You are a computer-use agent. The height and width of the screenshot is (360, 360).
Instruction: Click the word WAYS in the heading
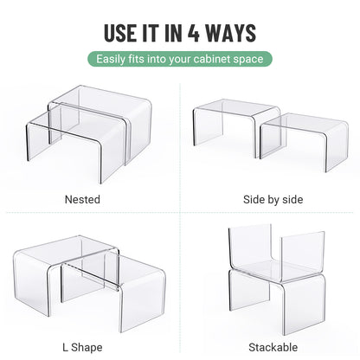[x=233, y=33]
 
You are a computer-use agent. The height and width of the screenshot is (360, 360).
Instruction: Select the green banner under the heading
[x=180, y=60]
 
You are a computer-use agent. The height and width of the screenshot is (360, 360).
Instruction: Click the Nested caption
[x=82, y=200]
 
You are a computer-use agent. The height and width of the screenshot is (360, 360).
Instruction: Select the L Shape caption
[x=82, y=347]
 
